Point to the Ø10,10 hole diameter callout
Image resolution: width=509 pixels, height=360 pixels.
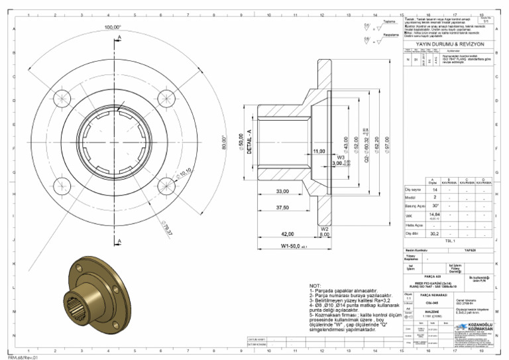coord(184,174)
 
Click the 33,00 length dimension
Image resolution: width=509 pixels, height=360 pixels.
coord(282,191)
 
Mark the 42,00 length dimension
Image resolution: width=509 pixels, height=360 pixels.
coord(288,234)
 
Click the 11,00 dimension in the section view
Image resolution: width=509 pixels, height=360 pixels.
coord(319,151)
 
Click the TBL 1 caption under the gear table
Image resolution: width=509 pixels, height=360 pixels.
coord(450,241)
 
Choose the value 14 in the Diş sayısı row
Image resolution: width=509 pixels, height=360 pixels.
coord(434,190)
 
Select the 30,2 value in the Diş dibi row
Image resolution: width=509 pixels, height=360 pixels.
coord(434,233)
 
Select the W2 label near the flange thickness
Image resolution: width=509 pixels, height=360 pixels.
coord(325,228)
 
